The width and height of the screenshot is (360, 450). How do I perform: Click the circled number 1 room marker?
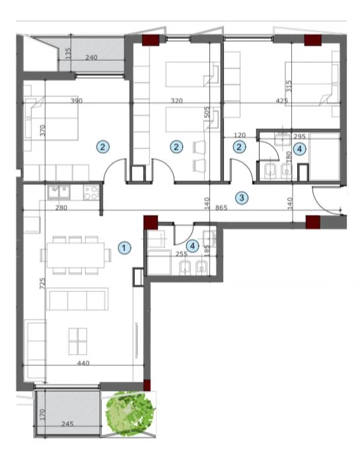click(x=124, y=247)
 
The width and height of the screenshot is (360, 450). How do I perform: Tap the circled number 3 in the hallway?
click(x=242, y=197)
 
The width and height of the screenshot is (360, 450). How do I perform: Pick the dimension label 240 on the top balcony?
click(x=92, y=57)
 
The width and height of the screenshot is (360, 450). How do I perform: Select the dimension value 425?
click(x=282, y=101)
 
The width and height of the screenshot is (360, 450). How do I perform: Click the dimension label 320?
click(x=175, y=101)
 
